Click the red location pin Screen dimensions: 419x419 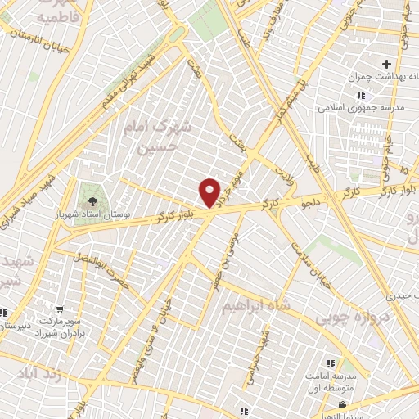[210, 193]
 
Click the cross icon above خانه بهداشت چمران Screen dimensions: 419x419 [386, 64]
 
